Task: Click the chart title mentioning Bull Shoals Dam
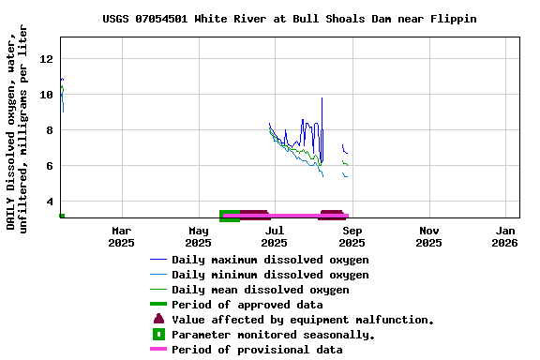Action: pyautogui.click(x=289, y=19)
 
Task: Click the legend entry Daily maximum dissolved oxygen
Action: pyautogui.click(x=270, y=260)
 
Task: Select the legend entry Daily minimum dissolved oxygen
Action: pyautogui.click(x=270, y=275)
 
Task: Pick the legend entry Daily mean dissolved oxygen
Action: pyautogui.click(x=260, y=290)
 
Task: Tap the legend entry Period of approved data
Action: pyautogui.click(x=247, y=305)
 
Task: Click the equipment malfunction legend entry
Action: pyautogui.click(x=302, y=320)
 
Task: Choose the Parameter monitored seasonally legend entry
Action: pyautogui.click(x=273, y=335)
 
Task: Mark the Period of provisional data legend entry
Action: pyautogui.click(x=257, y=350)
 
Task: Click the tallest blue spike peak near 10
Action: pyautogui.click(x=322, y=98)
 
